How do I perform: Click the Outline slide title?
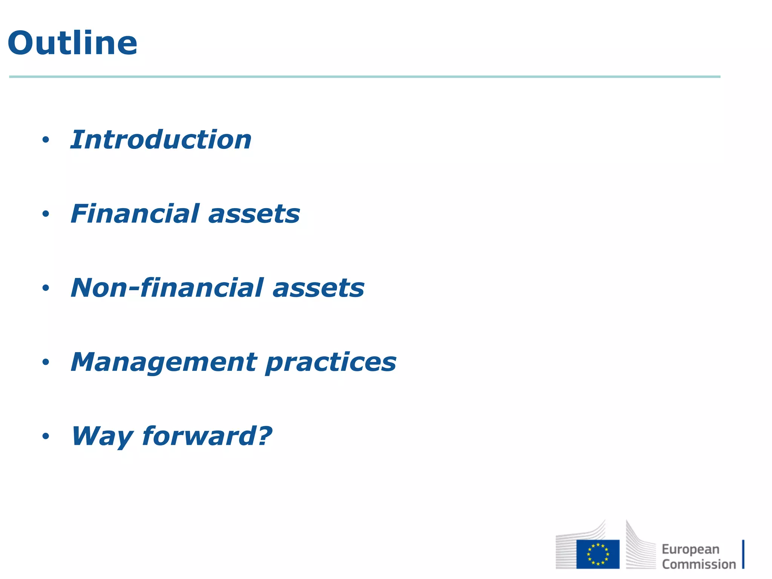click(x=72, y=43)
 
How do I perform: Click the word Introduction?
click(x=161, y=140)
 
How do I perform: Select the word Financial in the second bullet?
click(x=135, y=214)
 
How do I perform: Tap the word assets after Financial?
click(x=254, y=214)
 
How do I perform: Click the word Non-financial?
click(x=167, y=288)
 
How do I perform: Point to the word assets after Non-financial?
click(x=318, y=288)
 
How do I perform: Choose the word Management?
click(x=164, y=362)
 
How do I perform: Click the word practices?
click(x=331, y=363)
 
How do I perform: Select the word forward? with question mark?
click(x=207, y=436)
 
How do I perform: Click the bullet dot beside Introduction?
click(x=46, y=140)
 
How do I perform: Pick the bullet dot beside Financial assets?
click(x=46, y=214)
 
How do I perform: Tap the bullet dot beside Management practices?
click(x=46, y=362)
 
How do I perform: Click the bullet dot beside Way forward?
click(x=46, y=437)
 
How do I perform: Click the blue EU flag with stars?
click(x=597, y=554)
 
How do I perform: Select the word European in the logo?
click(x=690, y=549)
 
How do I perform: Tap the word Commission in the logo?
click(x=698, y=564)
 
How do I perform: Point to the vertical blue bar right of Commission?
click(x=743, y=554)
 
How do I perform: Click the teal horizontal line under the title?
click(x=365, y=77)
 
